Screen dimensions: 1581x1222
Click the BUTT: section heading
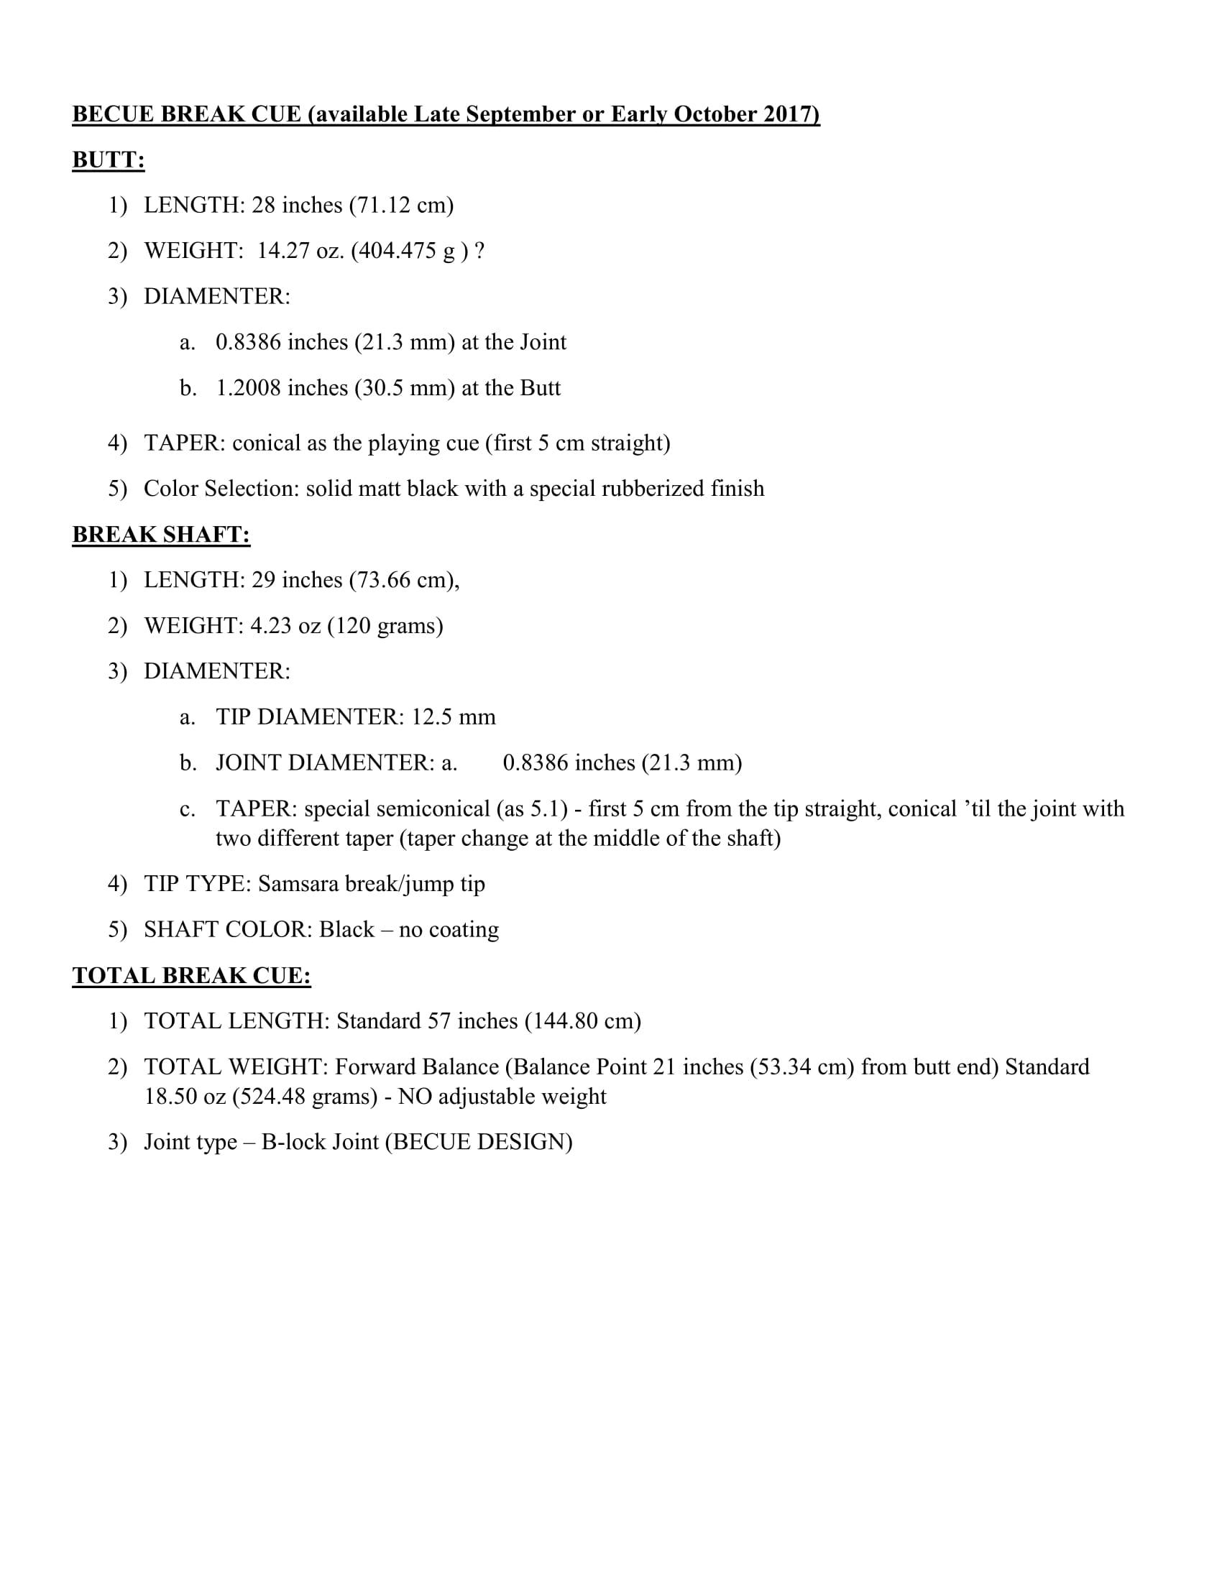click(x=108, y=160)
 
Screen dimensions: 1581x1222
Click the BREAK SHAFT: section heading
click(x=161, y=534)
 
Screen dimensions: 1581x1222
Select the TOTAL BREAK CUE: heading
click(x=191, y=975)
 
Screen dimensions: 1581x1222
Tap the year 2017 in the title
click(x=789, y=114)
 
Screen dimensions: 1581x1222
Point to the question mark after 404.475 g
click(x=479, y=251)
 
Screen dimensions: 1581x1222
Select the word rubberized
click(x=653, y=489)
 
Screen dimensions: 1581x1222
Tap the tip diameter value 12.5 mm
click(x=453, y=716)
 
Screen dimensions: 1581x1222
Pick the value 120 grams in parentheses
click(x=385, y=625)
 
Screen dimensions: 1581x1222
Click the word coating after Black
click(x=464, y=929)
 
